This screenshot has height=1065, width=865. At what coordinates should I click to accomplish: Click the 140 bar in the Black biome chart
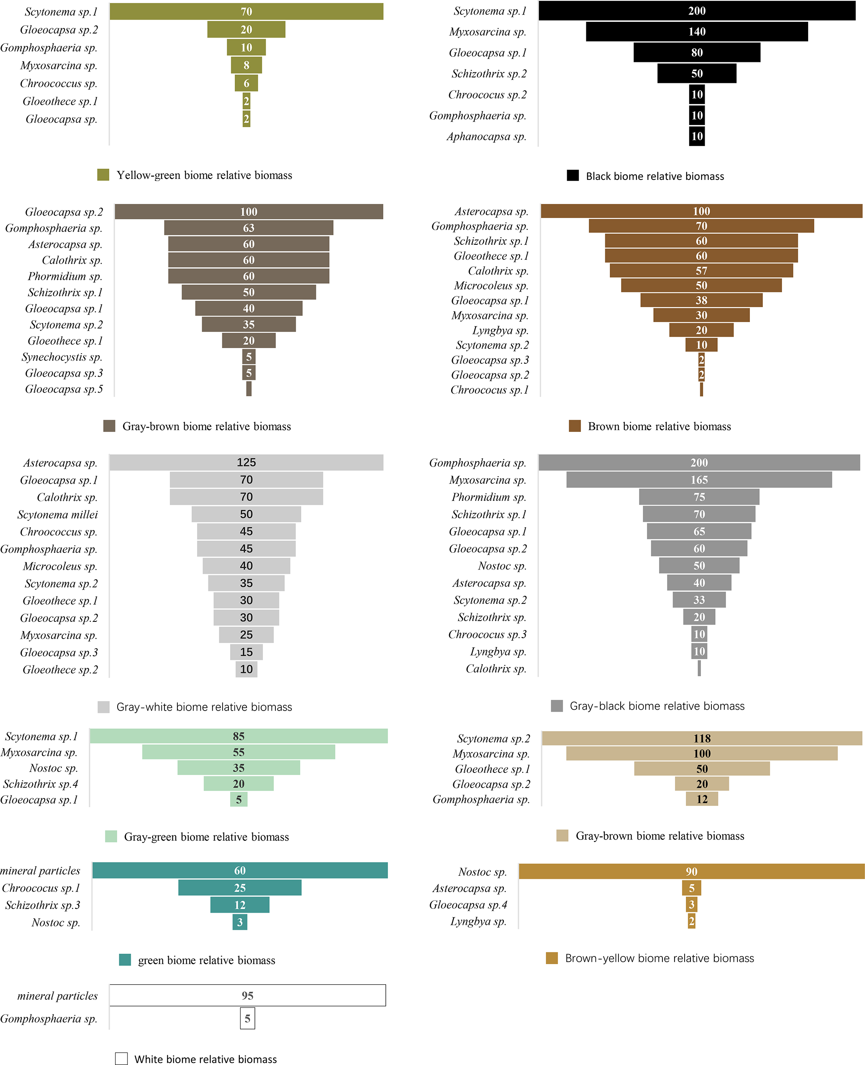[x=697, y=32]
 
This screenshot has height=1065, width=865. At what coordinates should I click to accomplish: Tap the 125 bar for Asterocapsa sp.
[x=246, y=462]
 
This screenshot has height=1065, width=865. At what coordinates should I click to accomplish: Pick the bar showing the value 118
[x=701, y=738]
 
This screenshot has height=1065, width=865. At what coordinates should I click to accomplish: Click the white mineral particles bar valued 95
[x=247, y=995]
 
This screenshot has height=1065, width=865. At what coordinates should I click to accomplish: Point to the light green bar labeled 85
[x=238, y=736]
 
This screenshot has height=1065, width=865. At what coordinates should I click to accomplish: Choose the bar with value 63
[x=248, y=228]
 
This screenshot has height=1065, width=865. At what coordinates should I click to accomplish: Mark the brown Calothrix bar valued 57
[x=701, y=270]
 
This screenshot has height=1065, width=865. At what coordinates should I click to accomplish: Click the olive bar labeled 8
[x=246, y=65]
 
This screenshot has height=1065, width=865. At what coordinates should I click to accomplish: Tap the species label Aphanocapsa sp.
[x=486, y=136]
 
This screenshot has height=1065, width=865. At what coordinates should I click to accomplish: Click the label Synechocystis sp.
[x=62, y=357]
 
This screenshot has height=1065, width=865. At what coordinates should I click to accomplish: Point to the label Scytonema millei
[x=58, y=515]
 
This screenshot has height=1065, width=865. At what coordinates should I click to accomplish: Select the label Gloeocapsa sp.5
[x=64, y=389]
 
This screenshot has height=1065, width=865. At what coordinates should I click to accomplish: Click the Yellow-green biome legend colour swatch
[x=103, y=175]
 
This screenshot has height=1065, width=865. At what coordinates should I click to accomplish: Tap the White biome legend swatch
[x=121, y=1059]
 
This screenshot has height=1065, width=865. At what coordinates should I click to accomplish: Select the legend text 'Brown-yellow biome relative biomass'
[x=659, y=958]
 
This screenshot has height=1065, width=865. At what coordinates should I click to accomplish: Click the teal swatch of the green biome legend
[x=125, y=960]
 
